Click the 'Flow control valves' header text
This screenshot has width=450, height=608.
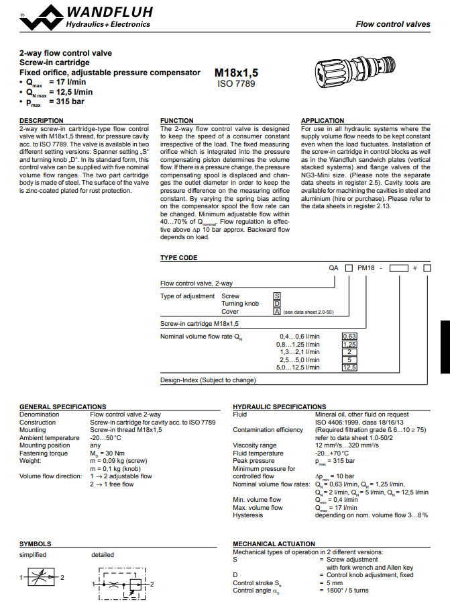point(392,24)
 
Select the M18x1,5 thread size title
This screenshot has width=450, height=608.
point(235,73)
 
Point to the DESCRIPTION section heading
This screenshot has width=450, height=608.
point(42,121)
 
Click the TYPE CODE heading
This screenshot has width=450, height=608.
point(178,257)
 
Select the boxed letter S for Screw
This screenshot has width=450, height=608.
point(276,296)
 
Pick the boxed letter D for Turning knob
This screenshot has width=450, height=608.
point(276,304)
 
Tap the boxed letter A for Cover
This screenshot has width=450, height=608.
point(276,312)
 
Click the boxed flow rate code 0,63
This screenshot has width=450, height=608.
point(349,336)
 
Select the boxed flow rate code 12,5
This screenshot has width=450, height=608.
point(349,367)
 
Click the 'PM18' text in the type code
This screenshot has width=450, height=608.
point(365,267)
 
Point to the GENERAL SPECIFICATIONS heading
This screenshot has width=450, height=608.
point(63,407)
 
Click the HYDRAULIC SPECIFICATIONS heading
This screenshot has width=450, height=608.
point(279,407)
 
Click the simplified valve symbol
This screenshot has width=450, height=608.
point(42,577)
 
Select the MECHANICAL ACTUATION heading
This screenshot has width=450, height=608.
point(274,544)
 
